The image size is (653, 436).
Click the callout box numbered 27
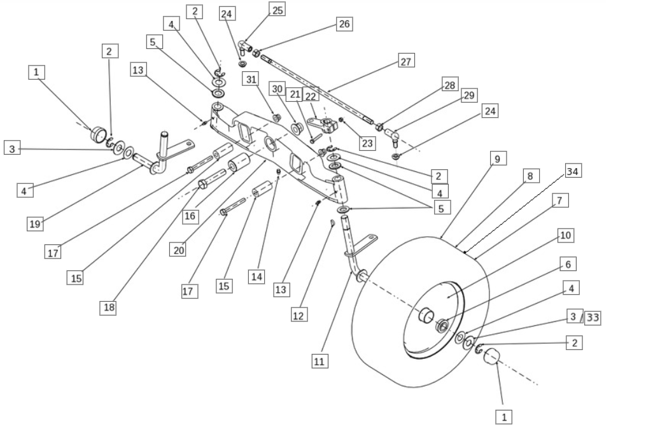(406, 62)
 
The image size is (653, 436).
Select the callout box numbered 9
(498, 158)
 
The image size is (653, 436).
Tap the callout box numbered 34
(573, 171)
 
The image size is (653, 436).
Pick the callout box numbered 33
(593, 318)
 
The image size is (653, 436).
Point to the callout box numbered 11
(319, 361)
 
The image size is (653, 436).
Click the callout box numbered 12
(299, 314)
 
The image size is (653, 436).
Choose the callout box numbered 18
(108, 307)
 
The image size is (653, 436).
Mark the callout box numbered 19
(35, 224)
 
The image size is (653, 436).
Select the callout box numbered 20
(178, 250)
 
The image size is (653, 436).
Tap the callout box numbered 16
(190, 216)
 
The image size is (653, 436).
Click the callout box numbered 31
(251, 79)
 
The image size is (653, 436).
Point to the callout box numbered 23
(367, 143)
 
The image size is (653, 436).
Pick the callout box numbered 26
(344, 24)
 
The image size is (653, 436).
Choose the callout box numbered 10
(566, 236)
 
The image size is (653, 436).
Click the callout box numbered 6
(568, 264)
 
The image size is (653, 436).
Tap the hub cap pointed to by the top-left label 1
(98, 134)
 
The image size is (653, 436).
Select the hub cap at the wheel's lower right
(492, 356)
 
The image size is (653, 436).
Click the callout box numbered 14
(256, 276)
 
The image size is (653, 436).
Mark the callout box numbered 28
(450, 85)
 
